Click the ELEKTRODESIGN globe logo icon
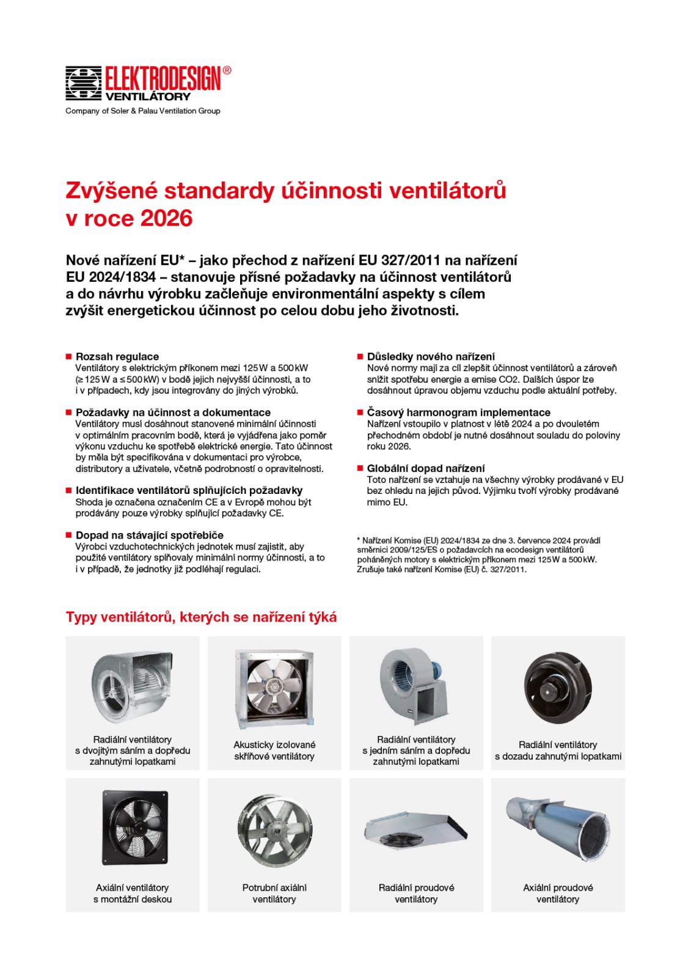pyautogui.click(x=83, y=83)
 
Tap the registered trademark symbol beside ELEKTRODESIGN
pyautogui.click(x=227, y=70)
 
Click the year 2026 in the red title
pyautogui.click(x=167, y=218)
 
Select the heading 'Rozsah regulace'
pyautogui.click(x=117, y=356)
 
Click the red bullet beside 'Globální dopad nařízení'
pyautogui.click(x=360, y=468)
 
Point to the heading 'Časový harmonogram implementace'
pyautogui.click(x=458, y=413)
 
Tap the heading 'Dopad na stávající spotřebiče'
pyautogui.click(x=150, y=535)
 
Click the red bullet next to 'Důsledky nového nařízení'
pyautogui.click(x=360, y=356)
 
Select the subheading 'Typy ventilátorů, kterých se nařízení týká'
pyautogui.click(x=201, y=617)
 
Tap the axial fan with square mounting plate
pyautogui.click(x=132, y=828)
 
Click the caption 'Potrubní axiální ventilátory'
pyautogui.click(x=274, y=893)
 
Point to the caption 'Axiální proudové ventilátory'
pyautogui.click(x=558, y=893)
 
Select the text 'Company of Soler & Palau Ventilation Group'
pyautogui.click(x=143, y=111)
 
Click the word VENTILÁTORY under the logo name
pyautogui.click(x=148, y=97)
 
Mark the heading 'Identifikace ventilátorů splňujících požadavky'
pyautogui.click(x=189, y=490)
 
